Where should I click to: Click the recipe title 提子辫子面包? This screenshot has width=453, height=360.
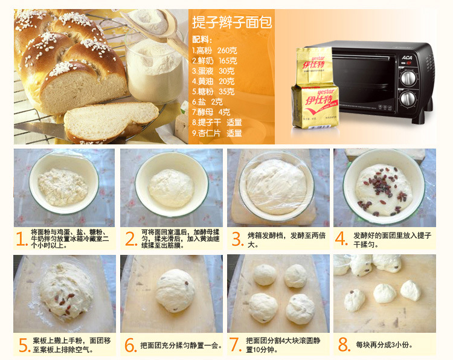tap(232, 22)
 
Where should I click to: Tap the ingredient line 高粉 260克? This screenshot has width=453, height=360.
tap(214, 51)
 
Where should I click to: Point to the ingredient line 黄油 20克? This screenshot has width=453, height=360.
tap(213, 81)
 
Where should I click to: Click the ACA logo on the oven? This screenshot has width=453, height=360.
tap(407, 57)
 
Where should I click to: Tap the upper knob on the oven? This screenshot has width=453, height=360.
tap(408, 78)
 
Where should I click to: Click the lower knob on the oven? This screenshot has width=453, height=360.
tap(408, 98)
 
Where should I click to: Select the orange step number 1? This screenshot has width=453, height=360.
tap(21, 239)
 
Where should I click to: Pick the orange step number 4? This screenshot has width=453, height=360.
tap(341, 239)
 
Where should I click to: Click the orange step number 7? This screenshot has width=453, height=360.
tap(236, 344)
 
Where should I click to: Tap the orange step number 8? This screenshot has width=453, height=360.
tap(344, 344)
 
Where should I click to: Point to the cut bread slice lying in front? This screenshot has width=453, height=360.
tap(111, 121)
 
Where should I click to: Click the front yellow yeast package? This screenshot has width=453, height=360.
tap(315, 107)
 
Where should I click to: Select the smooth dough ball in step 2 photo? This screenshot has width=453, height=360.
tap(171, 188)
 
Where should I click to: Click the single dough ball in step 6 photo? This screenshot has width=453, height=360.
tap(175, 291)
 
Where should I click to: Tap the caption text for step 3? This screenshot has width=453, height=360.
tap(286, 240)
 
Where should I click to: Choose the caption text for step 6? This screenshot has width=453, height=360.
tap(181, 346)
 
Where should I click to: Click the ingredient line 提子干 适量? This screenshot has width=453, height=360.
tap(217, 123)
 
